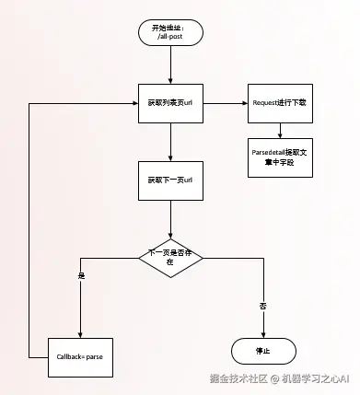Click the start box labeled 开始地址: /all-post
(169, 32)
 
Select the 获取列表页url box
(169, 104)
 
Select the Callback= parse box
(81, 354)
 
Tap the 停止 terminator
(261, 351)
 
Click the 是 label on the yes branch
(81, 275)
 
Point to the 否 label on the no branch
(262, 305)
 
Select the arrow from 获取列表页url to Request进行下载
(226, 104)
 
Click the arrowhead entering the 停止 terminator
(261, 333)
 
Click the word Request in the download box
(266, 104)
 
